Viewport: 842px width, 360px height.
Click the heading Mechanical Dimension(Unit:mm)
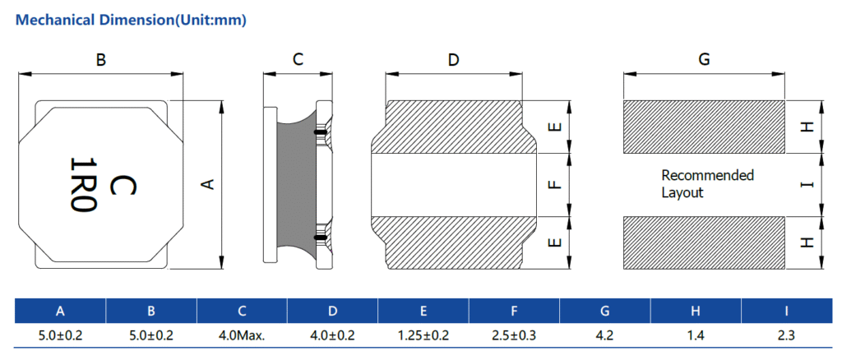[131, 21]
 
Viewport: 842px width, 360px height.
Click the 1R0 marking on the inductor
[83, 185]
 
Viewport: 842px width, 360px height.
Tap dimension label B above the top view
[100, 59]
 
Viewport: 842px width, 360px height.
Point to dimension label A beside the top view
[208, 185]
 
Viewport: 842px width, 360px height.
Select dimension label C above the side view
[298, 59]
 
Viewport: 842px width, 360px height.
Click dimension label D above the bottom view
[454, 59]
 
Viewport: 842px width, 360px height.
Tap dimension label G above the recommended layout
[704, 59]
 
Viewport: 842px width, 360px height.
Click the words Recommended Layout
[707, 183]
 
